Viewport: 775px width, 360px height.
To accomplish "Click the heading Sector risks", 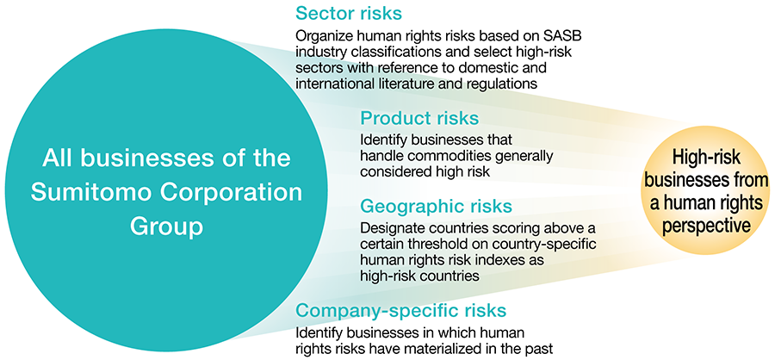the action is pos(349,14).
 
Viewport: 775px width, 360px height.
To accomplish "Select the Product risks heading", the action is pos(419,118).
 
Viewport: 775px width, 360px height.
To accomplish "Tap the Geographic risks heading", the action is pos(436,206).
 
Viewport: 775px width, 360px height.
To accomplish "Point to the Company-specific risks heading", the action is pos(400,310).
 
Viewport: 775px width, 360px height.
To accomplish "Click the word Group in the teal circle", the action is pos(166,227).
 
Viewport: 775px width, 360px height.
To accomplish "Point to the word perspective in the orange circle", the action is pos(707,225).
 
